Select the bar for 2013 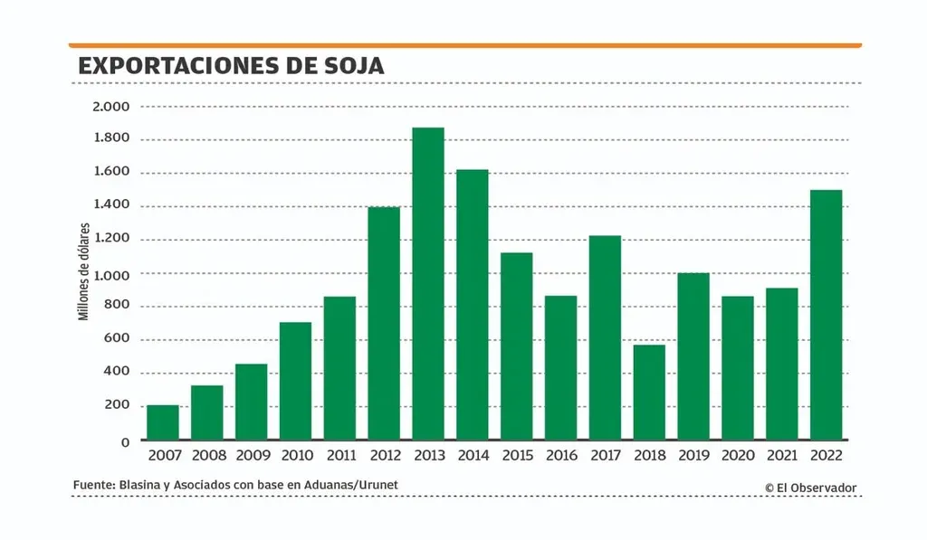[428, 284]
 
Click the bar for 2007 [163, 422]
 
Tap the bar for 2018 [650, 393]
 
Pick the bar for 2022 [827, 315]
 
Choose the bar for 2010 [296, 381]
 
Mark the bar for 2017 [606, 337]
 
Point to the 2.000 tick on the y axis [110, 106]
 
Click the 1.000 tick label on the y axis [110, 273]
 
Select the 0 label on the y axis [125, 441]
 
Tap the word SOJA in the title [354, 66]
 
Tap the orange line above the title [464, 44]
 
